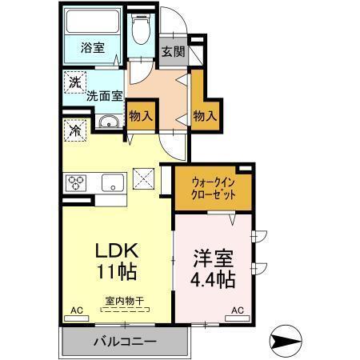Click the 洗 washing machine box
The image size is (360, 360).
point(74,82)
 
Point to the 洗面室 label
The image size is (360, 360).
point(105,94)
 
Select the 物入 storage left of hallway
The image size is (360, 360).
point(141,115)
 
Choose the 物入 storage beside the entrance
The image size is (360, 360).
point(205,115)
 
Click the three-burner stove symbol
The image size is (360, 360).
point(78,182)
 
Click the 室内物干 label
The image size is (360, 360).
point(123,301)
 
